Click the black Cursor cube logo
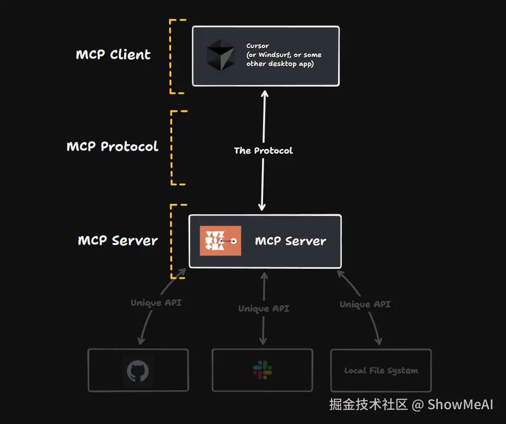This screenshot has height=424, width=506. pos(221,55)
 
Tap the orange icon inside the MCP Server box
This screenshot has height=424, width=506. pos(220,241)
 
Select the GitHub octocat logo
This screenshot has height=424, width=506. pos(138,371)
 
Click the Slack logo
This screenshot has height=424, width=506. pos(263,370)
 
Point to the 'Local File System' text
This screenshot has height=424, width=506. pos(381,371)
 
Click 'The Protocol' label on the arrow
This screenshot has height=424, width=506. pos(264,150)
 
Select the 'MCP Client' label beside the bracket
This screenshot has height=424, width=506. pos(113,54)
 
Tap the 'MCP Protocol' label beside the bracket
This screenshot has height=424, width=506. pos(113,146)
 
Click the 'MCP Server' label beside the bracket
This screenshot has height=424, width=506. pos(118,240)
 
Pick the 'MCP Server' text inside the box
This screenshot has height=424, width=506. pos(291,241)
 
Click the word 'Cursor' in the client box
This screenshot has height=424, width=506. pos(258,46)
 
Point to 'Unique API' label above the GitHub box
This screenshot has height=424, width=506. pos(156,303)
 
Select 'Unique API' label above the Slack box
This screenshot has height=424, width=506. pos(264,309)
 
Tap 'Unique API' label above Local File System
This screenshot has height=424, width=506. pos(365,304)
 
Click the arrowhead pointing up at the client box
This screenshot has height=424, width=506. pos(265,93)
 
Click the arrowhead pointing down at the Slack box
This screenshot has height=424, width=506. pos(263,341)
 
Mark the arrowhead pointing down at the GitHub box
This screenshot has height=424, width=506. pos(141,341)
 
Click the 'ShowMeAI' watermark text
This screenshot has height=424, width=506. pos(460,404)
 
